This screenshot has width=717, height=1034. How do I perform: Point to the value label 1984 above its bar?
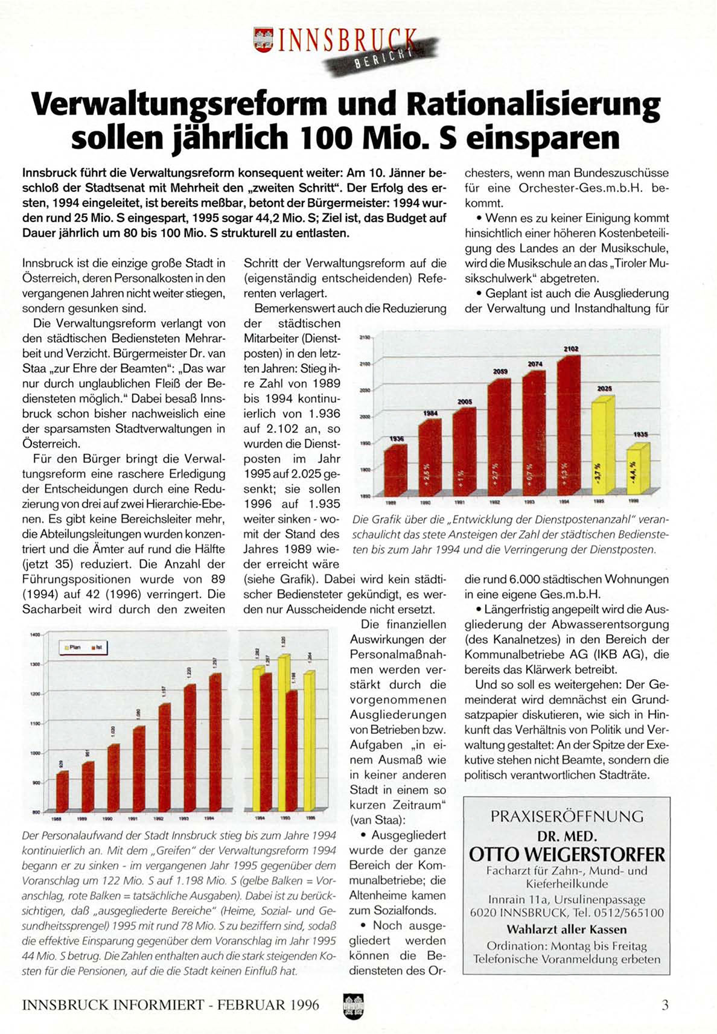click(430, 413)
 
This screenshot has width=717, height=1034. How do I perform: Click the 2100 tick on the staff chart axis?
click(365, 363)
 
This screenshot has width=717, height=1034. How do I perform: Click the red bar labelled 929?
click(62, 791)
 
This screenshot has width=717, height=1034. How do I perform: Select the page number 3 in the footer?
click(665, 1005)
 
